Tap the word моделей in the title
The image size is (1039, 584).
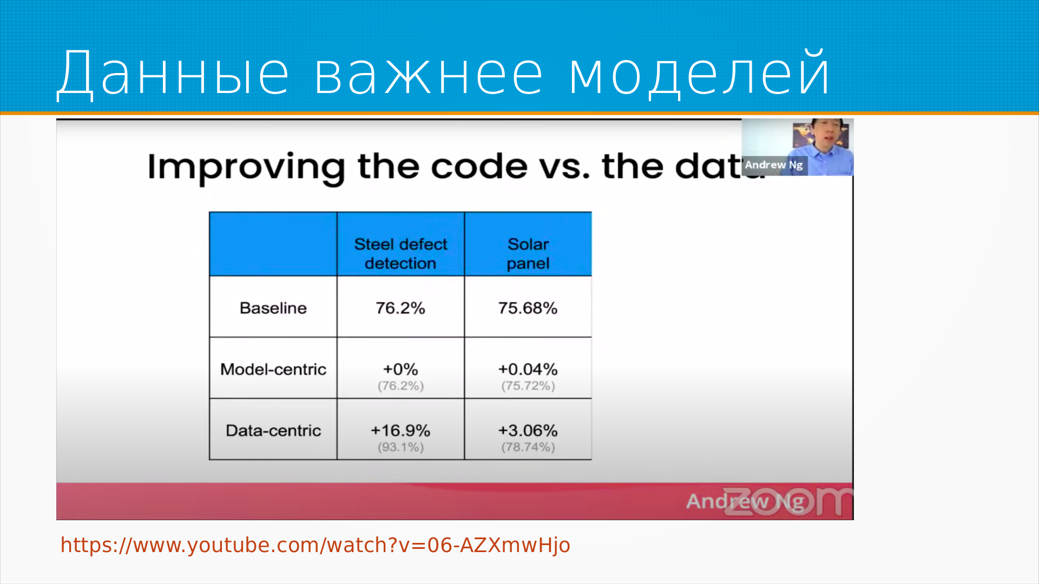click(x=699, y=73)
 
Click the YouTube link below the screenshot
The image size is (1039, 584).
click(x=315, y=545)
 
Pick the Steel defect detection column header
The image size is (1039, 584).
click(x=400, y=254)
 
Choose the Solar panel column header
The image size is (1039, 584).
click(x=528, y=254)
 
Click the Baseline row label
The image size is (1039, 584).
click(x=273, y=308)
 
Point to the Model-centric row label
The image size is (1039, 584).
click(x=273, y=369)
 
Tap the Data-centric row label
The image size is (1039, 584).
click(x=273, y=430)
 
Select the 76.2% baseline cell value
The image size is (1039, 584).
click(x=400, y=308)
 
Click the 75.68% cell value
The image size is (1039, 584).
click(x=528, y=308)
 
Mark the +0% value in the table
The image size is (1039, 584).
click(x=400, y=369)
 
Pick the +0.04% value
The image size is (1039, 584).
click(x=528, y=369)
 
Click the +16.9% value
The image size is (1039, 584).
click(x=400, y=430)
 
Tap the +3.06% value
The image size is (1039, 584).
click(x=528, y=430)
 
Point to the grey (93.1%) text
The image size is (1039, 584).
click(x=400, y=447)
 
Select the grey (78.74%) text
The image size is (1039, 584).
click(x=528, y=447)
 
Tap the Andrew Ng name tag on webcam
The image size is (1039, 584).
click(x=774, y=165)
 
